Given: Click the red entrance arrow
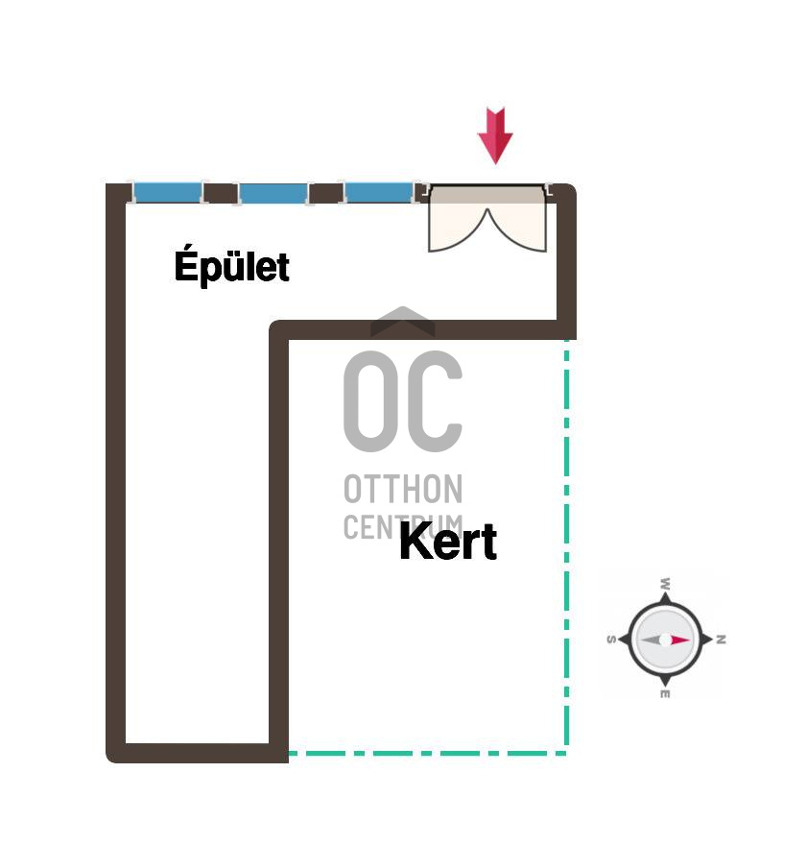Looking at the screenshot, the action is [x=495, y=135].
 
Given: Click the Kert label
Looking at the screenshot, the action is [x=448, y=541].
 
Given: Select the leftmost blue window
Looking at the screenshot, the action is [x=168, y=193].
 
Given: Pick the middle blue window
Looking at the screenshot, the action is [x=273, y=193].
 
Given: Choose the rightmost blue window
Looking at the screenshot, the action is [x=379, y=193].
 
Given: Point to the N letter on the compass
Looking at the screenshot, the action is [x=722, y=640].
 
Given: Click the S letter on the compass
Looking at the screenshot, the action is [x=611, y=640].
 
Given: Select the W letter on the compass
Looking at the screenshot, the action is [x=666, y=583].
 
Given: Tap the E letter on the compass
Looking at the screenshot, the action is [x=665, y=694].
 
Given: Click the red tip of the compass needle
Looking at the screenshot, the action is [x=690, y=640].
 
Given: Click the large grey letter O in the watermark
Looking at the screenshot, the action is [x=370, y=401].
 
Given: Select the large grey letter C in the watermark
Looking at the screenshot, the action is [x=435, y=401].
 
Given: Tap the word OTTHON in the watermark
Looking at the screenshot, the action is [x=403, y=489].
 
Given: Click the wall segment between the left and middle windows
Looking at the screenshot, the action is [x=221, y=193].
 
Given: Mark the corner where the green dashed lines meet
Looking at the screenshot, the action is [x=566, y=753].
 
